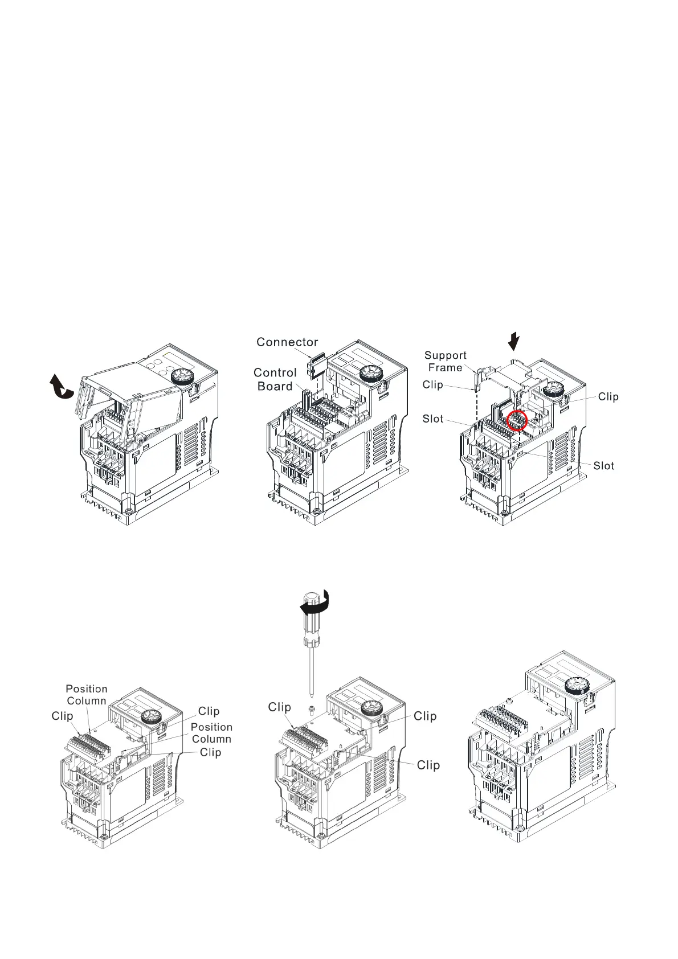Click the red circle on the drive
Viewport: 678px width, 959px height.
tap(517, 421)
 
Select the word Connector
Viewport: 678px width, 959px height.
tap(287, 342)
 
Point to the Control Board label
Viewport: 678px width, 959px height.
tap(275, 379)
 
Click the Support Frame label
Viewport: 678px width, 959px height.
tap(446, 362)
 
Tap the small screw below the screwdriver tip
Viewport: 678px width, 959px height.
tap(311, 710)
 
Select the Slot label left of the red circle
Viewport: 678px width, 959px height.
tap(433, 419)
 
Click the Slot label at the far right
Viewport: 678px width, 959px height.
tap(604, 466)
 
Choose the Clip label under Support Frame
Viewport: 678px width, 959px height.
tap(433, 385)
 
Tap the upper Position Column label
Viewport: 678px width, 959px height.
tap(87, 695)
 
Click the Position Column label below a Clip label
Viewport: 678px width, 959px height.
tap(211, 733)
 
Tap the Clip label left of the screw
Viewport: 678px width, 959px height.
tap(280, 707)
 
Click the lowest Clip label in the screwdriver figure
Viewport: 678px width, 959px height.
tap(428, 765)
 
